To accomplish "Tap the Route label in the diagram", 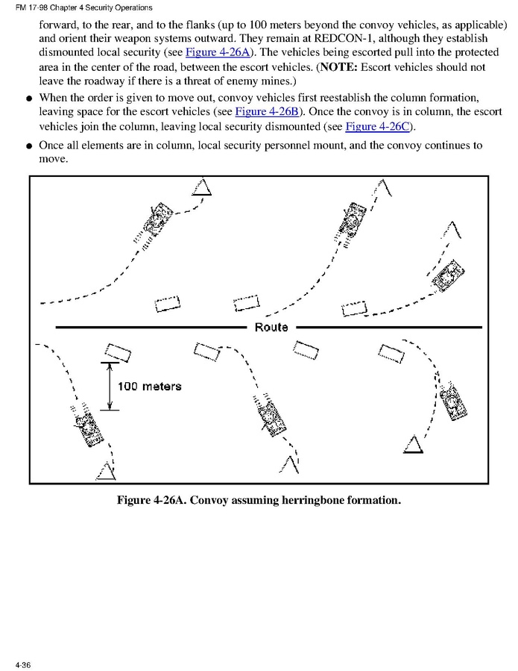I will [271, 327].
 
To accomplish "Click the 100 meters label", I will [149, 386].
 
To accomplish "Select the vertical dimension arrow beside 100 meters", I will [110, 386].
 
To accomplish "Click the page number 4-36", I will [21, 664].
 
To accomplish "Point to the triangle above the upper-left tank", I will [201, 187].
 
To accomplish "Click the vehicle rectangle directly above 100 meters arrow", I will [118, 352].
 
